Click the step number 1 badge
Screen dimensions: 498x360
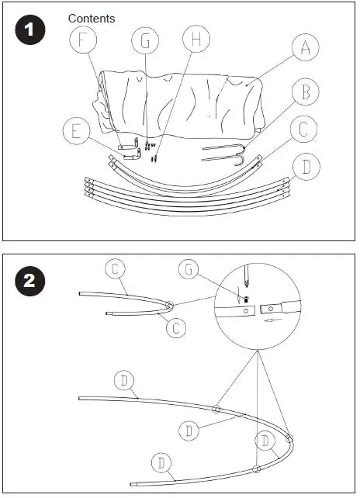[29, 31]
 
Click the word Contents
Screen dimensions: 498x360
[92, 18]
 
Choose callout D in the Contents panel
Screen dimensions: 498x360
[306, 166]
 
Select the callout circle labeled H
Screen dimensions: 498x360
[196, 39]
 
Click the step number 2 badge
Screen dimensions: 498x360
[29, 280]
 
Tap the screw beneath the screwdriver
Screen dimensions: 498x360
[245, 298]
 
